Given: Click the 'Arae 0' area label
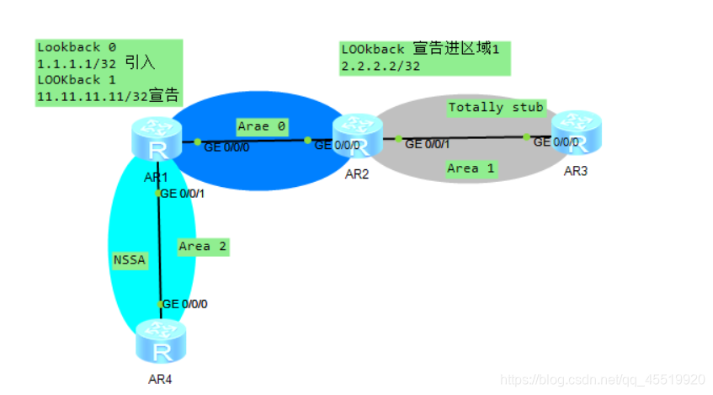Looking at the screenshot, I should tap(262, 126).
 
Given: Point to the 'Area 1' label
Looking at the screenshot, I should tap(471, 168).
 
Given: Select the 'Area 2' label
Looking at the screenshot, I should tap(203, 247).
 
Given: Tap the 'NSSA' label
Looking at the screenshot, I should tap(130, 260).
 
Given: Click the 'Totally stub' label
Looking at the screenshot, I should tap(496, 107).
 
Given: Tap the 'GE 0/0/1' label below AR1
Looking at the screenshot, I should tap(184, 194).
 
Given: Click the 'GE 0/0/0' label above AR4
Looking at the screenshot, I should tap(185, 304).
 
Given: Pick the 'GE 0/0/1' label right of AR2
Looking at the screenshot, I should tap(428, 144).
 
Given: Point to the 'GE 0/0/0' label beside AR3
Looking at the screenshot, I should tap(556, 141).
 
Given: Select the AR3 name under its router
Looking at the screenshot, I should tap(577, 172).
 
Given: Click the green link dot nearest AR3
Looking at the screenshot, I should tap(526, 136).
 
